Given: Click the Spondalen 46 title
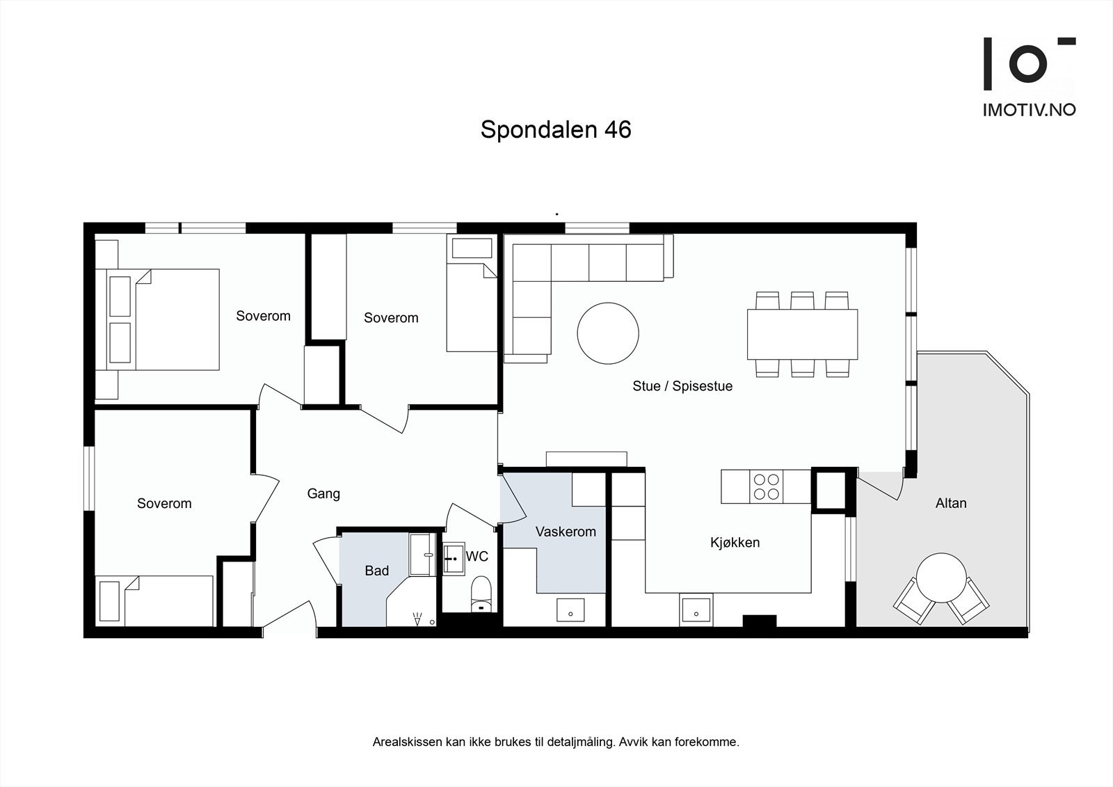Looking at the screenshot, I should (x=556, y=130).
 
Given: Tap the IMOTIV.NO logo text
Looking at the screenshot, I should (x=1029, y=110).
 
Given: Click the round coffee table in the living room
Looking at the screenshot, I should (x=608, y=333).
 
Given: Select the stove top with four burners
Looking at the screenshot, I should (x=767, y=486).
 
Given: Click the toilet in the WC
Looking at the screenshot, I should (x=481, y=594).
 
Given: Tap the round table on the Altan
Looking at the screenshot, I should (x=940, y=578).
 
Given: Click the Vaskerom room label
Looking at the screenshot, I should (x=566, y=532).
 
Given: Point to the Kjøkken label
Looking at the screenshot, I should (x=735, y=543).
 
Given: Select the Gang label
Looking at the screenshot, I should (x=323, y=494).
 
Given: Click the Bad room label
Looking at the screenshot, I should (x=376, y=571).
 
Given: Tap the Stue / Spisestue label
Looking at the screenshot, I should (x=682, y=386).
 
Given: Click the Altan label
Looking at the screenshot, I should (x=950, y=503).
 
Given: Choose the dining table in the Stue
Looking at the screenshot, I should (x=802, y=334).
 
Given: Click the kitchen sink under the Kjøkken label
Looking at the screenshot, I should (x=696, y=610).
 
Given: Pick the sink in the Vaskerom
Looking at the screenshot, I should (x=570, y=610).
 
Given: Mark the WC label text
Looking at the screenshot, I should (x=477, y=557).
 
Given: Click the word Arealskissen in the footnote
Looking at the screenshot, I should (x=407, y=742).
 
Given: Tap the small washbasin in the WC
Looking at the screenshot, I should (x=454, y=558).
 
